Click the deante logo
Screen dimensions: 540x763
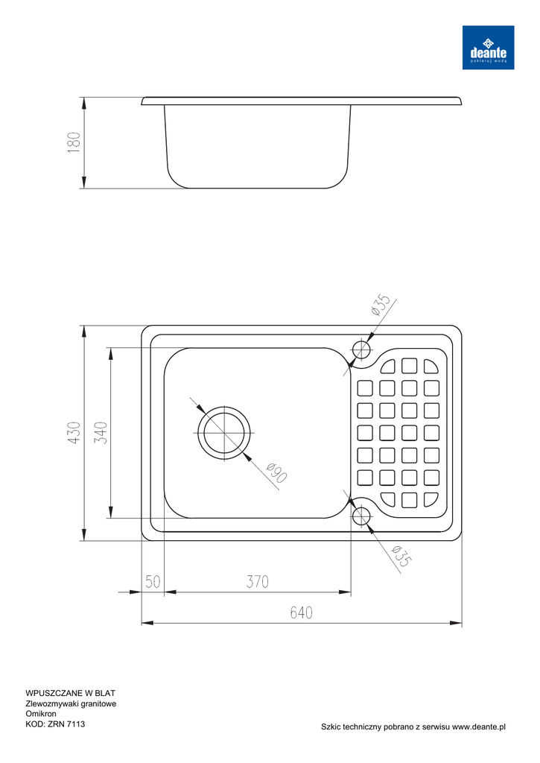[x=488, y=47]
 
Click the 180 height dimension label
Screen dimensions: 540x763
[x=74, y=142]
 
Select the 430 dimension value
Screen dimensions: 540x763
[x=74, y=433]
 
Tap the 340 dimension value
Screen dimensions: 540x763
[x=101, y=433]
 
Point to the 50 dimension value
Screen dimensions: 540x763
[x=153, y=581]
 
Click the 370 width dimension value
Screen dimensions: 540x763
[x=258, y=581]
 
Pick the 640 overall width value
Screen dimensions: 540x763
[x=301, y=612]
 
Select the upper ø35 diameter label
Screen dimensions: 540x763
[x=381, y=305]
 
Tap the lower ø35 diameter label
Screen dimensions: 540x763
[x=401, y=556]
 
